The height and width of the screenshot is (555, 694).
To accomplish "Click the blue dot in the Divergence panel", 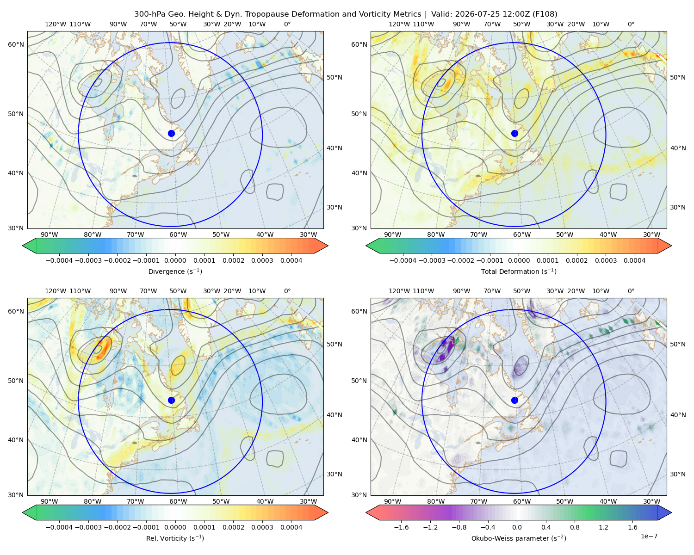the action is click(x=171, y=133).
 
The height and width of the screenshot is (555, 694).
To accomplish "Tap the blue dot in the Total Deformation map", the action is click(x=514, y=133).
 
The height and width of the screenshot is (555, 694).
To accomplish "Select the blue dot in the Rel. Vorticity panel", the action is click(x=171, y=400).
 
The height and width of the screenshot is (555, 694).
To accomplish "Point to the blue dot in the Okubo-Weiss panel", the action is click(x=514, y=400).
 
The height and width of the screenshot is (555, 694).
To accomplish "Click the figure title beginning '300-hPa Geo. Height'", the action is click(x=346, y=14).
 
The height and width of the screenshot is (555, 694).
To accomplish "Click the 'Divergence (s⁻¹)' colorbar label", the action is click(x=175, y=271).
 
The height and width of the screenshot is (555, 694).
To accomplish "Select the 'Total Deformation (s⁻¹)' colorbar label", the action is click(x=519, y=271).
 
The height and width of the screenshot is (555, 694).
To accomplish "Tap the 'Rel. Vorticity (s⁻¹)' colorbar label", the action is click(x=175, y=538).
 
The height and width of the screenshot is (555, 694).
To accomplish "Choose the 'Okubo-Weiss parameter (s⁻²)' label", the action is click(x=519, y=538).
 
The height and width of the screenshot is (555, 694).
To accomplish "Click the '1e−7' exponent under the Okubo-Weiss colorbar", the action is click(x=649, y=536).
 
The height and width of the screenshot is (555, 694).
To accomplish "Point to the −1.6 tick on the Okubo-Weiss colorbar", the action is click(x=401, y=527).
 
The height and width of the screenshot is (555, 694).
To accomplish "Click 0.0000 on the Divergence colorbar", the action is click(x=175, y=260).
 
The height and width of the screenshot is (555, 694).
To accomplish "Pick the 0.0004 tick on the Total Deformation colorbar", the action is click(x=634, y=260).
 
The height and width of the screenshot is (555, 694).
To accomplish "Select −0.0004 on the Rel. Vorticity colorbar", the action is click(x=59, y=527).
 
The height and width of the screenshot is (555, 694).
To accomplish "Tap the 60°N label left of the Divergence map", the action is click(x=16, y=44).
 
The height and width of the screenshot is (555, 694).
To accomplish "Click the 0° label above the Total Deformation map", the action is click(x=631, y=24).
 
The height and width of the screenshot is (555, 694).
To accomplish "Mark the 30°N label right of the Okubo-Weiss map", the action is click(x=677, y=474).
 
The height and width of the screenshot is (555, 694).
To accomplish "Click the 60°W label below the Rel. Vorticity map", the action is click(x=178, y=501).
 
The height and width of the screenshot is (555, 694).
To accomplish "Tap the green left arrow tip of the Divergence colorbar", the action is click(x=23, y=246).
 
